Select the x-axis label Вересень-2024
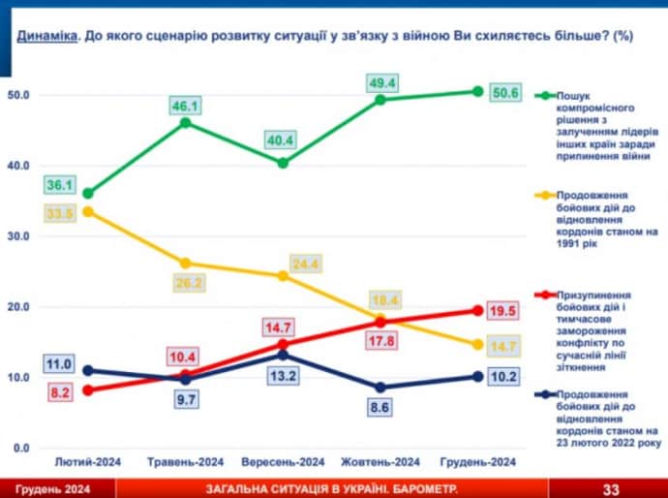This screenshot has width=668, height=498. tap(283, 461)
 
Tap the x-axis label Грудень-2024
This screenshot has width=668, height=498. tap(477, 461)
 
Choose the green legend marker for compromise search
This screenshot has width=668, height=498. tap(545, 96)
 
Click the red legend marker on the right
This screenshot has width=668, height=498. tap(545, 293)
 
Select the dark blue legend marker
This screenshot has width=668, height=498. tap(545, 394)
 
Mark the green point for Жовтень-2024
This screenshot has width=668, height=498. tap(380, 100)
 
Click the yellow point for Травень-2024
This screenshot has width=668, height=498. tap(185, 263)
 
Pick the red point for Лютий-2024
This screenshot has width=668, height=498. tap(88, 389)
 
